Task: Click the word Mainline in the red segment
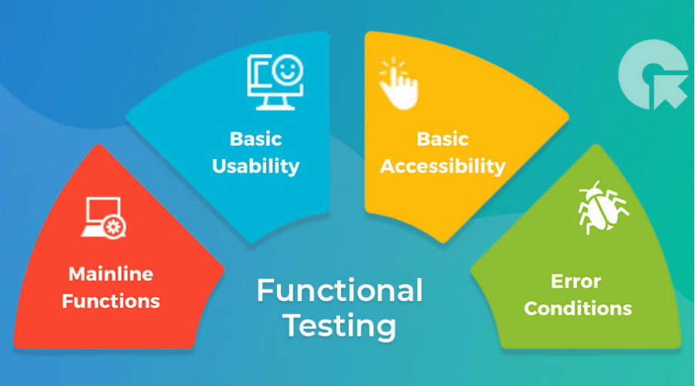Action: point(111,274)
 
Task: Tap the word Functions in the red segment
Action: point(111,301)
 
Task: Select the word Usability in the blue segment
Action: point(256,167)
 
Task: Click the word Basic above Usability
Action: point(256,139)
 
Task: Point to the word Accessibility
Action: point(443,167)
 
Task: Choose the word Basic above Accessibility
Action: point(443,139)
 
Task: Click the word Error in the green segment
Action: point(575,281)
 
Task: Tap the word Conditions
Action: point(578,309)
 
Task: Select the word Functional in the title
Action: point(339,290)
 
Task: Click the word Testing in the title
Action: point(339,326)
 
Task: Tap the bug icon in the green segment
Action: point(602,208)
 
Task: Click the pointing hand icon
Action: point(398,83)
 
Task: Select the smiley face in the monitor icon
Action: point(288,69)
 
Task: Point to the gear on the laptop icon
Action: point(114,228)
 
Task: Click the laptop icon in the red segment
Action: point(103,218)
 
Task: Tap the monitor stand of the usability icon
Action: point(275,103)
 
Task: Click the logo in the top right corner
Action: point(653,75)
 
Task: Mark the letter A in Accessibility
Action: point(390,167)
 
